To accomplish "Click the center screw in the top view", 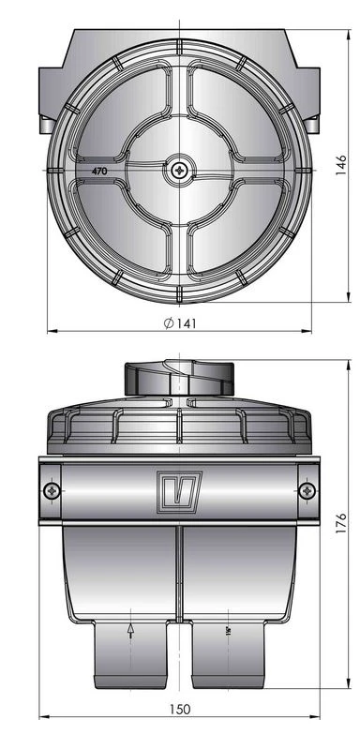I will tap(179, 170).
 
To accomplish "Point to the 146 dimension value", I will tap(343, 167).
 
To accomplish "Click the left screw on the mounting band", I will tap(51, 489).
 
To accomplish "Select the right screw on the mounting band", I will tap(307, 489).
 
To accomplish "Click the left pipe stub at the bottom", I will tap(130, 656).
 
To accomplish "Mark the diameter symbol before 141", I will tap(165, 322).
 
